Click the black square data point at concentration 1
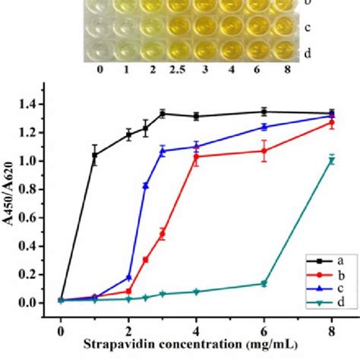tap(95, 155)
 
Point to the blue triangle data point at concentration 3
tap(163, 151)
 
